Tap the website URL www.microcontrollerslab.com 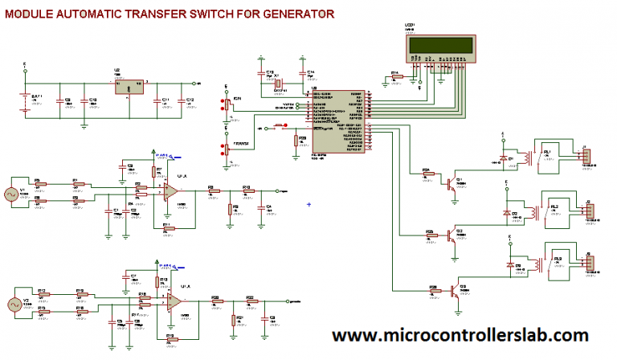pos(460,334)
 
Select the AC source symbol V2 pos(13,305)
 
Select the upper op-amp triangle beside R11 pos(171,190)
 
